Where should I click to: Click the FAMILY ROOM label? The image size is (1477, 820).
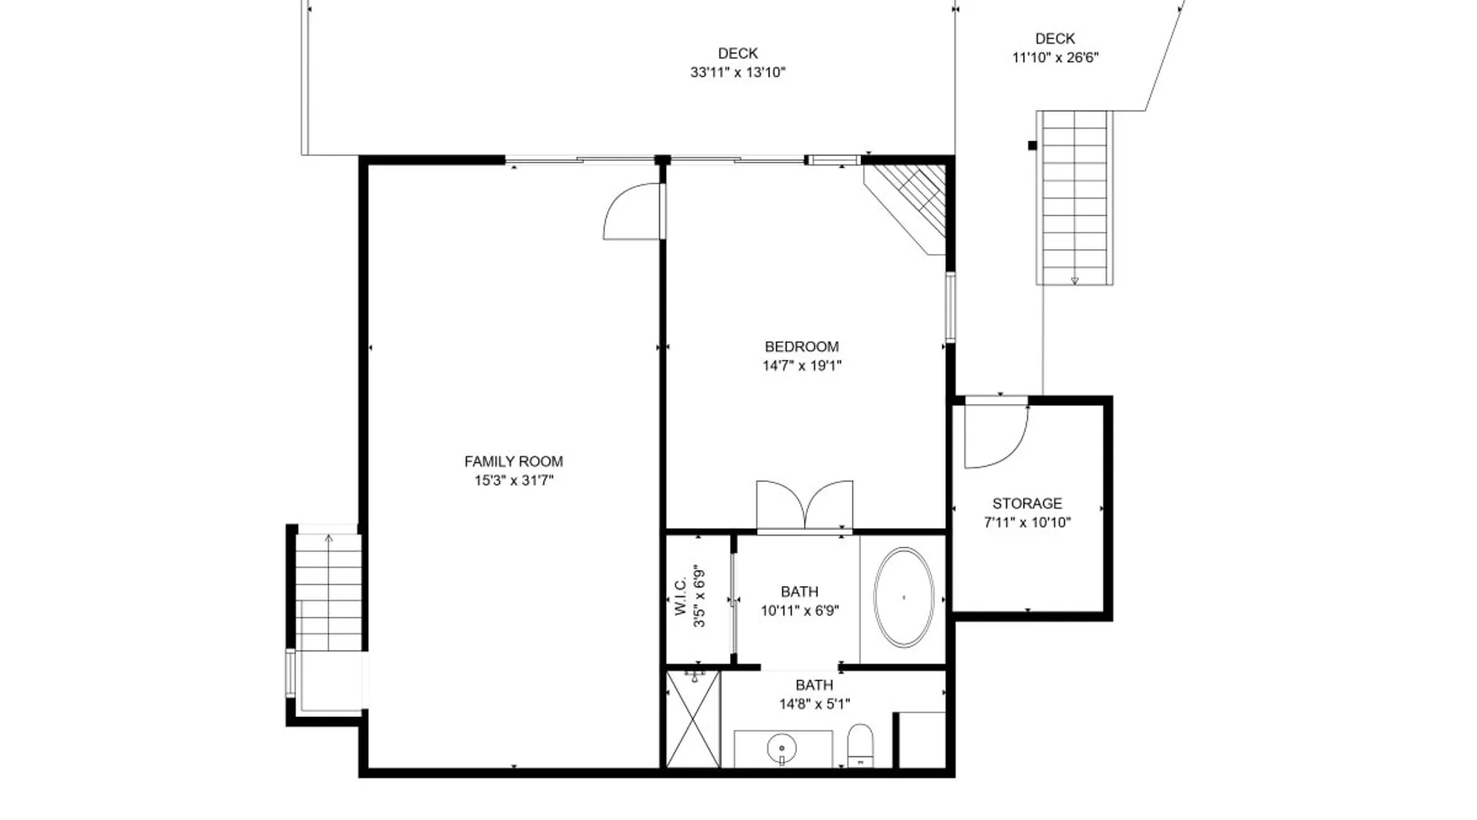[x=514, y=462]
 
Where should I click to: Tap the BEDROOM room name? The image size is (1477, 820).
[x=802, y=347]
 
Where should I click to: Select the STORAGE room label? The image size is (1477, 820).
[x=1027, y=503]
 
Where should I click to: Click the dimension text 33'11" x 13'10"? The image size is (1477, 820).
[x=738, y=72]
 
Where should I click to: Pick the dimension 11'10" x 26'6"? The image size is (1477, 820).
[x=1055, y=57]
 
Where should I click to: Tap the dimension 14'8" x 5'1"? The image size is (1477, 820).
[x=814, y=704]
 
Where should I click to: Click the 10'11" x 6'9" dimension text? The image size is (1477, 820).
[x=799, y=610]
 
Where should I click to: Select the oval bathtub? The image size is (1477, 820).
[x=903, y=598]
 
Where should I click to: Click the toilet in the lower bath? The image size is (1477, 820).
[x=859, y=745]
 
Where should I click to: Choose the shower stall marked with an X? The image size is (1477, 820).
[x=693, y=719]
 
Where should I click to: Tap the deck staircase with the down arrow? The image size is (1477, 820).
[x=1075, y=198]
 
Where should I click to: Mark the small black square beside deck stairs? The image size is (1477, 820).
[x=1032, y=146]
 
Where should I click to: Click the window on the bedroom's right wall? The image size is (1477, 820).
[x=950, y=307]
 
